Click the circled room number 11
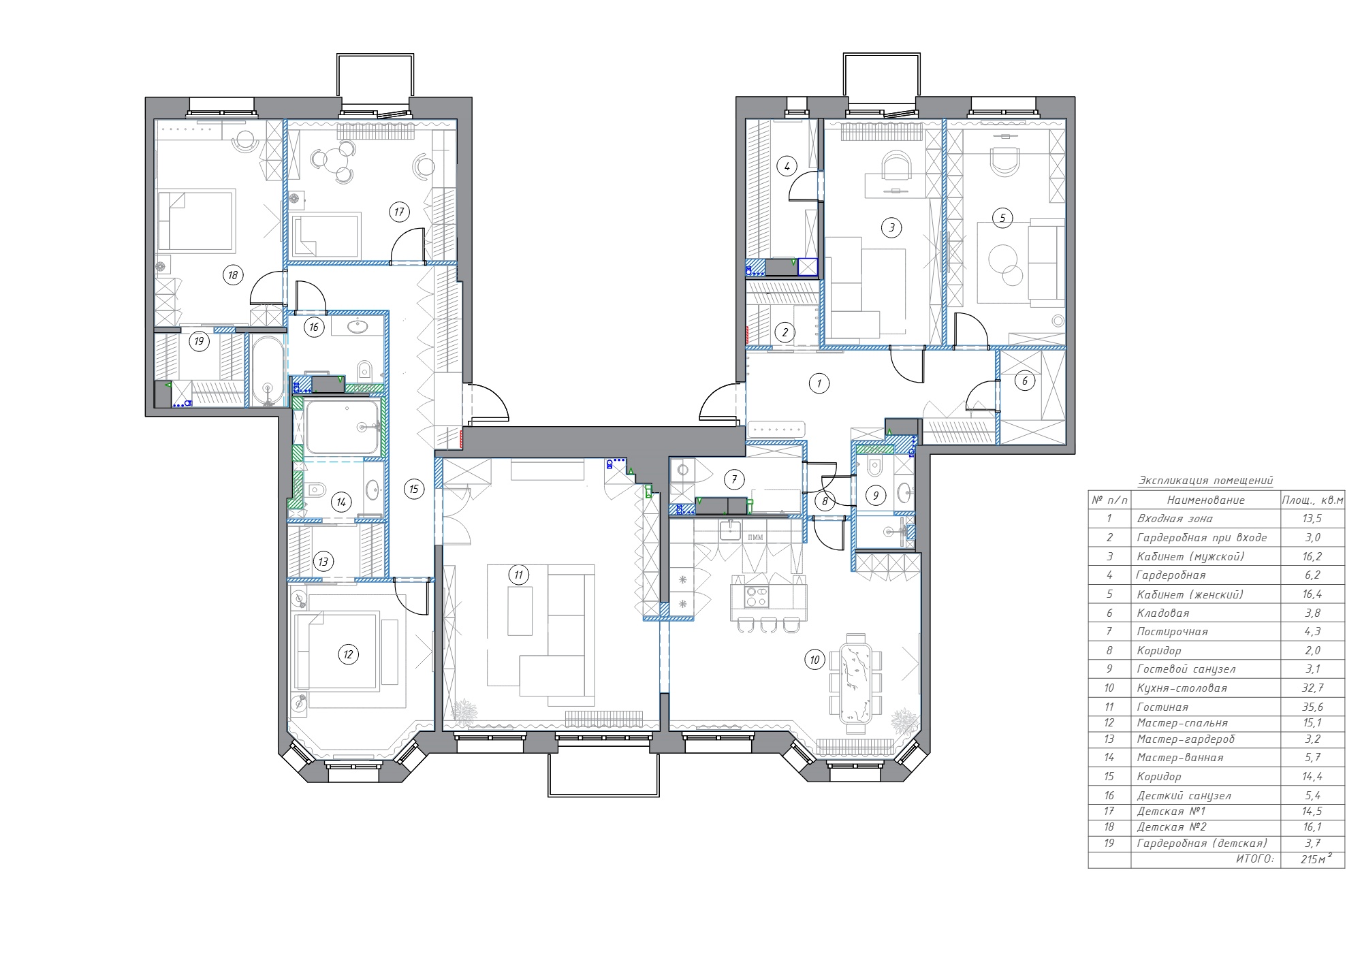pos(519,575)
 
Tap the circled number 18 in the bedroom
pos(233,275)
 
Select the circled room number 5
pos(1002,218)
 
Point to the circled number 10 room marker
pos(815,659)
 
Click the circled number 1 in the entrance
pos(819,383)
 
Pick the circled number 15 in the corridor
pos(414,489)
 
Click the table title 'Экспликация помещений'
pos(1206,481)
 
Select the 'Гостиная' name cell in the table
pos(1162,707)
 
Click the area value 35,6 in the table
pos(1313,707)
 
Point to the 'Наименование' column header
pos(1206,500)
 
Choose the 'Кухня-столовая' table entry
pos(1182,688)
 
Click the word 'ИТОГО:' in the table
pos(1254,859)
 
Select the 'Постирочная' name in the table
pos(1173,632)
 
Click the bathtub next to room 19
pos(267,370)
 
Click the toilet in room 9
pos(876,467)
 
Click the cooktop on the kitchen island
pos(757,596)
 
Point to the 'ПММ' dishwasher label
pos(755,537)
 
